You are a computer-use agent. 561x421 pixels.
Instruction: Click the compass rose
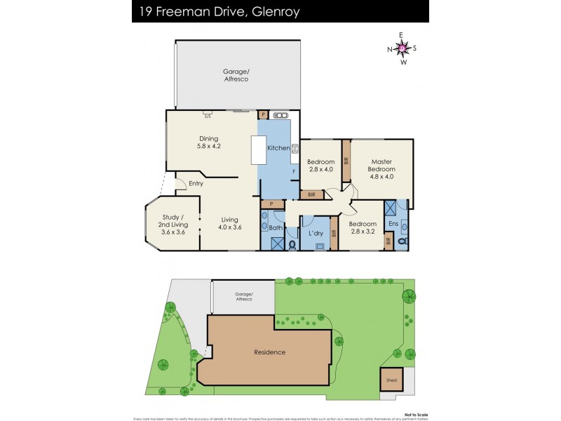pyautogui.click(x=403, y=48)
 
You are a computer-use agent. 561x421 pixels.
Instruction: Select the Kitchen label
pyautogui.click(x=278, y=148)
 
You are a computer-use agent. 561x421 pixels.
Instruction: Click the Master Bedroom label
pyautogui.click(x=381, y=165)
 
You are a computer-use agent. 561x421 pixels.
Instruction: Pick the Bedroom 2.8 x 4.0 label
pyautogui.click(x=320, y=166)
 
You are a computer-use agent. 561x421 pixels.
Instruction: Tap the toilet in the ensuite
pyautogui.click(x=401, y=241)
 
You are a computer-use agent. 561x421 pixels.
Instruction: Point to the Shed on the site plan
pyautogui.click(x=391, y=380)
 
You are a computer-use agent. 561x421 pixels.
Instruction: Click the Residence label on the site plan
pyautogui.click(x=270, y=352)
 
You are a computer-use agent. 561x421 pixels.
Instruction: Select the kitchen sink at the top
pyautogui.click(x=280, y=115)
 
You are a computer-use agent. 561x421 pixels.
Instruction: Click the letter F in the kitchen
pyautogui.click(x=293, y=171)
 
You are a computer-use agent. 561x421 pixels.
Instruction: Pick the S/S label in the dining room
pyautogui.click(x=208, y=116)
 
